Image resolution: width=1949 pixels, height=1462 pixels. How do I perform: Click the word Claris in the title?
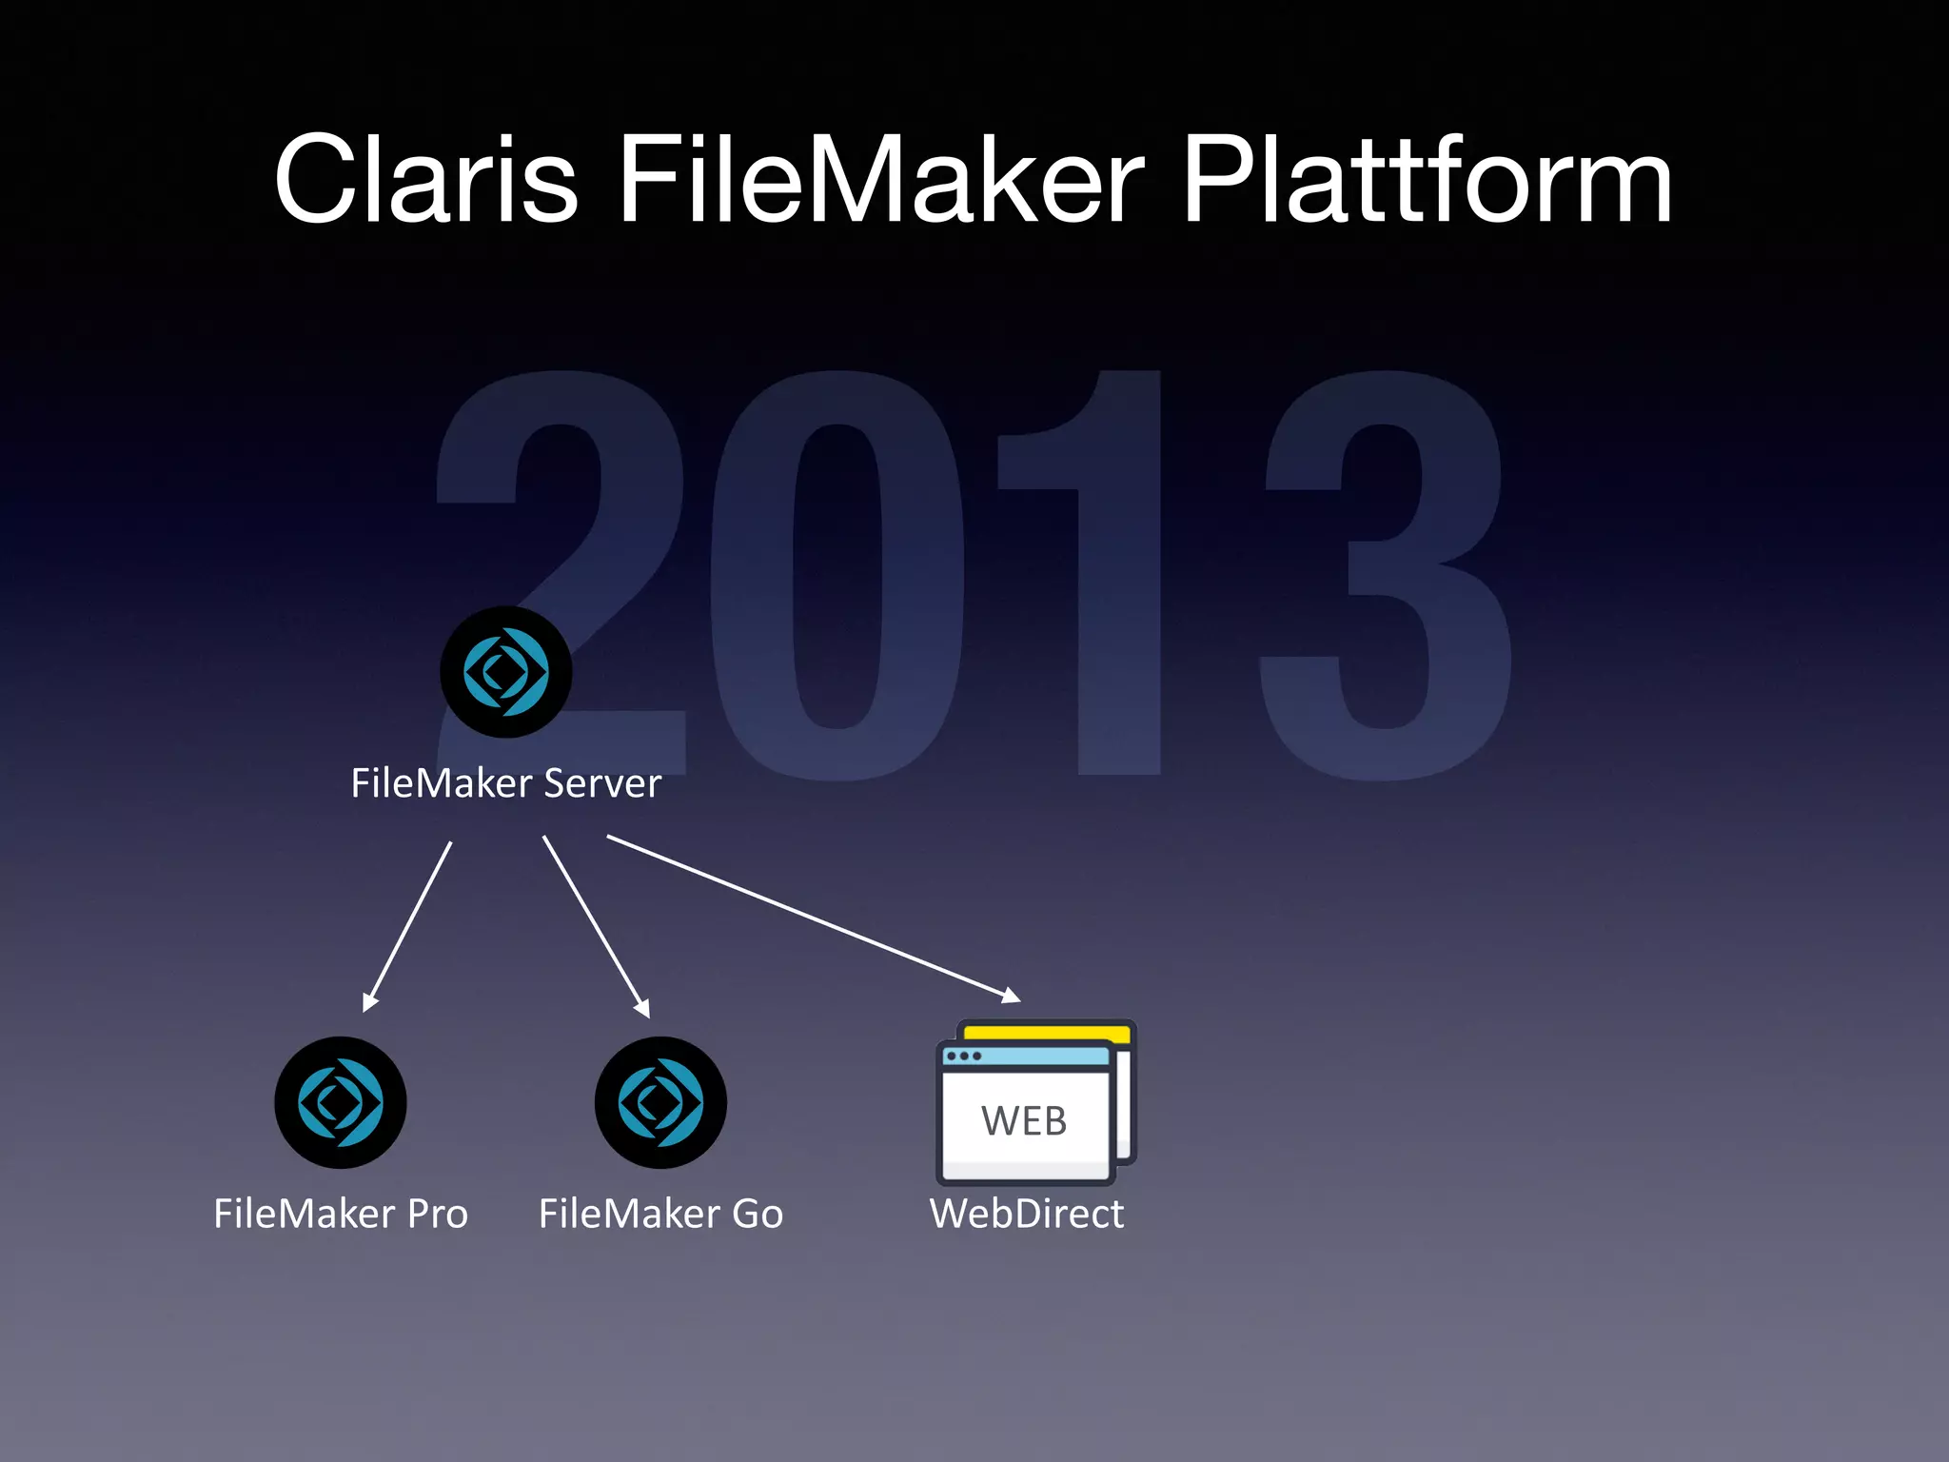tap(425, 180)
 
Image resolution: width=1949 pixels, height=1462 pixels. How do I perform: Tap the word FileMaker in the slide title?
tap(880, 180)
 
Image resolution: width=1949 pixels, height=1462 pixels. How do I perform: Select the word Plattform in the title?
tap(1426, 180)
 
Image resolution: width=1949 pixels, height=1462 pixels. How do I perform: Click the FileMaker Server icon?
tap(505, 672)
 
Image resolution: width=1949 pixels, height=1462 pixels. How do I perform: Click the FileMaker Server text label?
tap(505, 783)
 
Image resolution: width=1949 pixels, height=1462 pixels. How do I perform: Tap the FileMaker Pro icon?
tap(340, 1102)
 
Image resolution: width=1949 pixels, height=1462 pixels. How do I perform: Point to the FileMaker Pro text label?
tap(340, 1214)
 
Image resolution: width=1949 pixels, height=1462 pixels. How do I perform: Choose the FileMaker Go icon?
tap(660, 1102)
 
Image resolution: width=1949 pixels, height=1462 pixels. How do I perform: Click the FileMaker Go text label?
tap(660, 1214)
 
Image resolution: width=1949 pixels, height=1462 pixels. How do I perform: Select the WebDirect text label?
tap(1026, 1214)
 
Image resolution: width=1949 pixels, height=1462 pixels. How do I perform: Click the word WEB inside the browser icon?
tap(1024, 1120)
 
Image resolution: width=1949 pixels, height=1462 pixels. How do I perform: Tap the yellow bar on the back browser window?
tap(1047, 1032)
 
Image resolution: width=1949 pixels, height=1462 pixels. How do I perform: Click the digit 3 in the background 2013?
tap(1385, 576)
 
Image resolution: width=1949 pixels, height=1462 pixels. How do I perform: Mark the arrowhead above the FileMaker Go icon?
tap(642, 1008)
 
